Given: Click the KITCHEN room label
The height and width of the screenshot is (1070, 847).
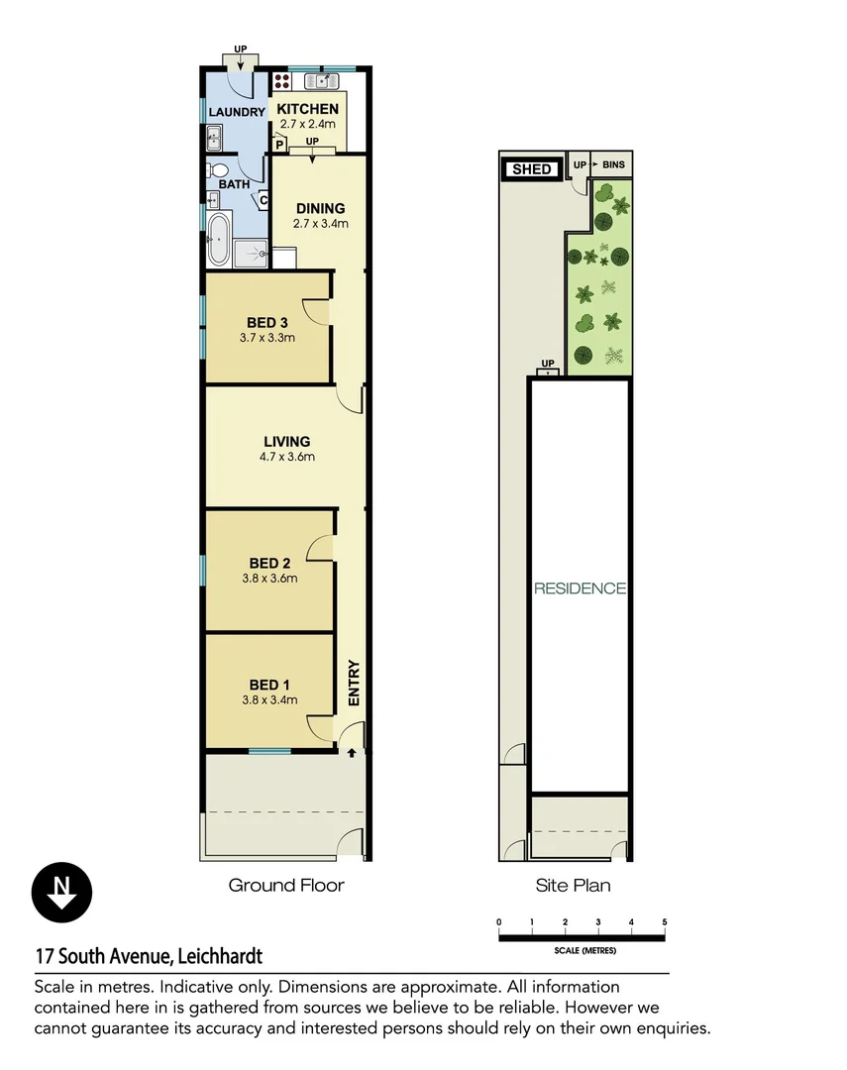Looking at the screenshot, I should click(307, 109).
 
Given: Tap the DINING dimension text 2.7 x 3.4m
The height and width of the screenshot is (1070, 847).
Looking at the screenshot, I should click(321, 224).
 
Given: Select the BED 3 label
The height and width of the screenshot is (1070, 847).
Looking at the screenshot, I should click(267, 322).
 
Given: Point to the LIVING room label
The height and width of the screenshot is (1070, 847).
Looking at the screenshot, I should click(287, 442).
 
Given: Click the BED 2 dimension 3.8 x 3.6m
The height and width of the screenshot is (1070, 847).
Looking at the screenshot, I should click(269, 579).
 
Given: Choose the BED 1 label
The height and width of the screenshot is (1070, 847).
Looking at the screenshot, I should click(269, 685).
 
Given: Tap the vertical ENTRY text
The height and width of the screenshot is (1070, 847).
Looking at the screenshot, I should click(354, 684).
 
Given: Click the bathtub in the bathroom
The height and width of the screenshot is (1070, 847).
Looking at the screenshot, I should click(218, 241).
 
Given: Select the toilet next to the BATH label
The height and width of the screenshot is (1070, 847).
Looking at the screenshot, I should click(211, 170).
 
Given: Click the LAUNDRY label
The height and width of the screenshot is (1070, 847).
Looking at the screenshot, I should click(237, 113).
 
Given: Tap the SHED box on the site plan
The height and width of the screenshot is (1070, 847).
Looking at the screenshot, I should click(531, 169).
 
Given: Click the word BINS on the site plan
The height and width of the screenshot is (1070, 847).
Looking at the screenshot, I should click(614, 163).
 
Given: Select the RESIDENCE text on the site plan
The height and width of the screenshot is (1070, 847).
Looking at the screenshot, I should click(581, 588).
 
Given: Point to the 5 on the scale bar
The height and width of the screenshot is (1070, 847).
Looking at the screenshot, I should click(665, 922).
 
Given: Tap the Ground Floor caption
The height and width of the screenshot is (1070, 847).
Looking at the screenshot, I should click(286, 885).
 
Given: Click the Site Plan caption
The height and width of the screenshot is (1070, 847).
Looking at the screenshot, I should click(573, 885).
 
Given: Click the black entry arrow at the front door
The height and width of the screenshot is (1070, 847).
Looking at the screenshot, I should click(352, 754).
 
